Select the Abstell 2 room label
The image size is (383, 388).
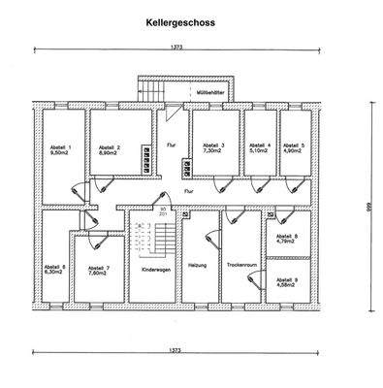107,147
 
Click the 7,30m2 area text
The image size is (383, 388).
213,152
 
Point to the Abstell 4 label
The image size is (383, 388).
257,145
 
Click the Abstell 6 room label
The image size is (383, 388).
54,267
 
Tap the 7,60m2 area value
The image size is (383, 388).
99,274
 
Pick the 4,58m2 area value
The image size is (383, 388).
287,286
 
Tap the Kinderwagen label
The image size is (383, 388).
156,270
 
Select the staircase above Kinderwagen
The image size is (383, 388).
155,239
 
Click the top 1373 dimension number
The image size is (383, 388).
176,47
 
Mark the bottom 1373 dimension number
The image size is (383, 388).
176,349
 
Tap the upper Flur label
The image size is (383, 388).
172,144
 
